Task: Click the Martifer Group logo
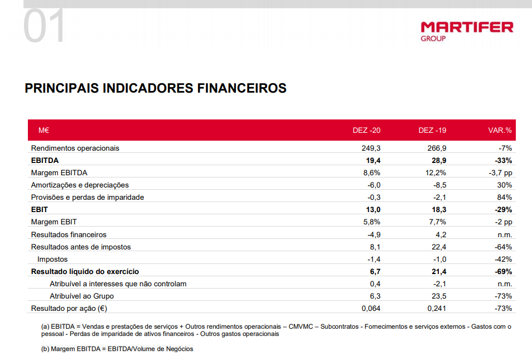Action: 466,30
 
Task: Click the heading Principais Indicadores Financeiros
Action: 156,88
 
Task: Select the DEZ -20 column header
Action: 366,130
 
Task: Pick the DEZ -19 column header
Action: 432,130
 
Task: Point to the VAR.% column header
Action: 500,130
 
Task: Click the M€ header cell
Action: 44,130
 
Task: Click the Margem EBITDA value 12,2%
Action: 435,172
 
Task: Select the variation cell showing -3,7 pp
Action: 500,172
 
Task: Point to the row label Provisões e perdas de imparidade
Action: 88,197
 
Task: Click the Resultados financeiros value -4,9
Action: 374,234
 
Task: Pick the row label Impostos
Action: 52,259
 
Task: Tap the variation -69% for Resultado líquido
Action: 503,271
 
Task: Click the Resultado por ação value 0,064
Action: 371,308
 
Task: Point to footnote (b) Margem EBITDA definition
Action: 117,349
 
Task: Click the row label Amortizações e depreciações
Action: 80,185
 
